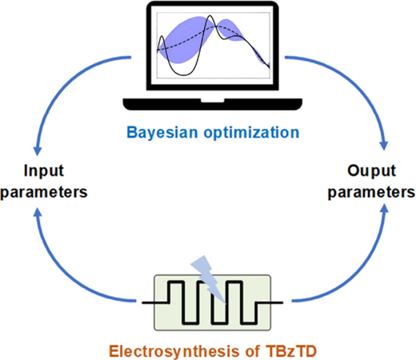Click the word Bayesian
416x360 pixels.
tap(162, 133)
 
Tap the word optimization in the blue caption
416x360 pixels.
tap(251, 133)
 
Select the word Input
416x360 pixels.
tap(44, 171)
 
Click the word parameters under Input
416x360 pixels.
tap(44, 192)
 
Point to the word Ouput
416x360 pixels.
tap(371, 171)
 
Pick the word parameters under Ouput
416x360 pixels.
tap(371, 192)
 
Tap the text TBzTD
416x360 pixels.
tap(291, 351)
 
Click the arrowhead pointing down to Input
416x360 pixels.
tap(37, 151)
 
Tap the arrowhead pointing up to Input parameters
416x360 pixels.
tap(38, 214)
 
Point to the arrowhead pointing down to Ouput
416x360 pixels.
tap(383, 146)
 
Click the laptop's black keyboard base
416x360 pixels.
tap(212, 105)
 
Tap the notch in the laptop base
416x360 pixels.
tap(212, 100)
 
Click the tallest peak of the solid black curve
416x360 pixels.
tap(210, 16)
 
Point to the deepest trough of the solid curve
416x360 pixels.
tap(183, 75)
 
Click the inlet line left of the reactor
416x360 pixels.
tap(155, 302)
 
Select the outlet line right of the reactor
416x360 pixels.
tap(270, 302)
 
